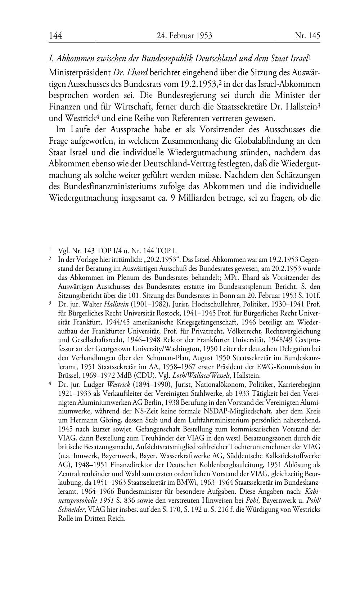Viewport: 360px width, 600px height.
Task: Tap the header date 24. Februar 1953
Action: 184,35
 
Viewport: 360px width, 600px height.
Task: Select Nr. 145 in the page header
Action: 307,35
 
